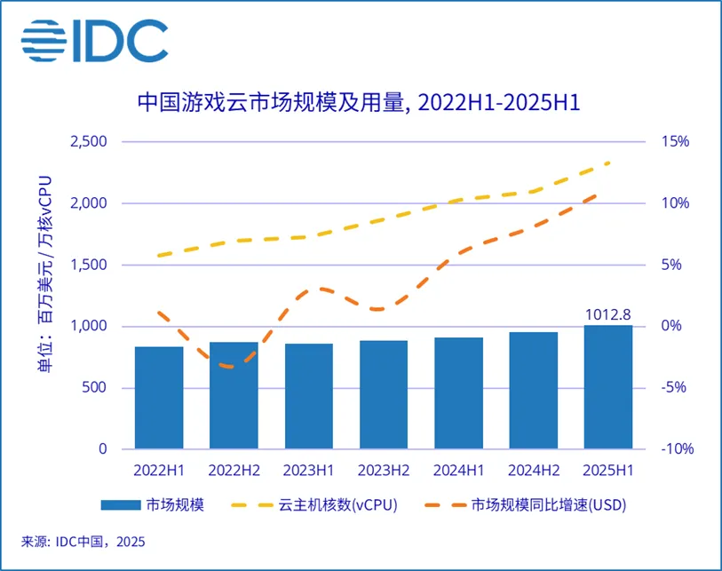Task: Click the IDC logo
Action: click(x=94, y=40)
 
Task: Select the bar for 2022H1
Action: click(x=159, y=398)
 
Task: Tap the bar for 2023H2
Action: click(x=383, y=394)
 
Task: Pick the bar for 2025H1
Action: click(x=607, y=387)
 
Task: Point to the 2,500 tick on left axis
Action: click(x=87, y=142)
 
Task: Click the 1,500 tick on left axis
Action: click(x=87, y=265)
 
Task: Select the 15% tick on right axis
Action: click(x=675, y=142)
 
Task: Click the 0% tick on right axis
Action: click(x=671, y=326)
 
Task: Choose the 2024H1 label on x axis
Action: click(x=458, y=469)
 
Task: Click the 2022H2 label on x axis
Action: click(x=234, y=469)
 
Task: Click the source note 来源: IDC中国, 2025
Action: click(x=83, y=542)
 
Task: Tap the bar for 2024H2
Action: click(x=533, y=391)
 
